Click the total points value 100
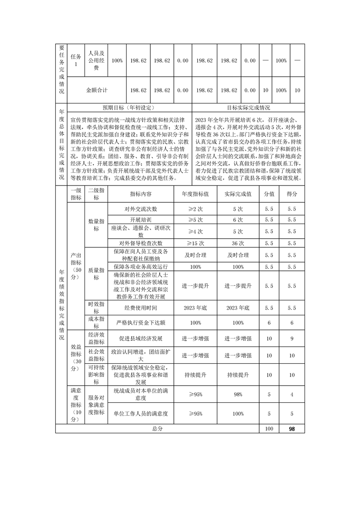coord(269,428)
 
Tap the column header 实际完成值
coord(238,194)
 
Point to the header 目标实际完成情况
coord(248,108)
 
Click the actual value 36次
coord(238,243)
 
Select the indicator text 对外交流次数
coord(141,209)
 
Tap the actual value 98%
coord(238,395)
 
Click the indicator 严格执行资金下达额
coord(141,323)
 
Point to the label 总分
coord(157,428)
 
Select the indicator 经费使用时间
coord(141,308)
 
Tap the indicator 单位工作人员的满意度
coord(141,414)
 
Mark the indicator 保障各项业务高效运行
coord(141,267)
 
